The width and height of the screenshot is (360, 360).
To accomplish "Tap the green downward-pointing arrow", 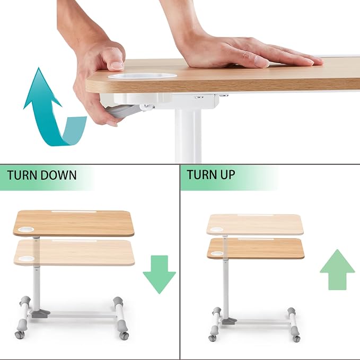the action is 160,275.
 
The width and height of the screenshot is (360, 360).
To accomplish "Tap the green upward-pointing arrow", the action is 337,269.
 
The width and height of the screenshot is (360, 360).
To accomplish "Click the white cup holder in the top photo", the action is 142,76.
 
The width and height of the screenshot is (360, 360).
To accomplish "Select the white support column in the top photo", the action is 188,135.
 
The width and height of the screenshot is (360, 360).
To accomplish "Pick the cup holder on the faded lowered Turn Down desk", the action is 27,259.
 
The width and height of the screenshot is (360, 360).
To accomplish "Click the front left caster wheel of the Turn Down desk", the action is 19,334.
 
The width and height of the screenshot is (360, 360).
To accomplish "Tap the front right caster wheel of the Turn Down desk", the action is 124,335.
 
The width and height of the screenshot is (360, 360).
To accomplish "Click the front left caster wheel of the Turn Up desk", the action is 212,338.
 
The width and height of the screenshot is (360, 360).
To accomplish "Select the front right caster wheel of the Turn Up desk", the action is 296,338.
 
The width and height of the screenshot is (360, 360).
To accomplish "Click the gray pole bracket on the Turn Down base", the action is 41,313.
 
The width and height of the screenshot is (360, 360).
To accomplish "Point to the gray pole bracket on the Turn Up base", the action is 230,321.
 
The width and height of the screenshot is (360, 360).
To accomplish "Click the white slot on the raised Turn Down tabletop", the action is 74,212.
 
